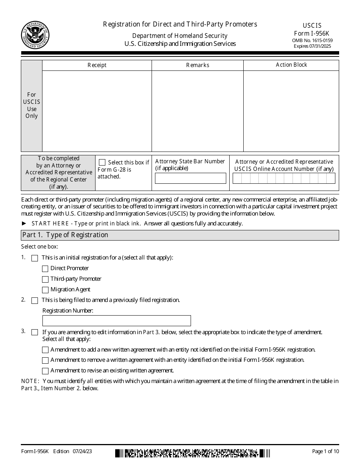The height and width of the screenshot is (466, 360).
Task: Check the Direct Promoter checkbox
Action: [x=45, y=269]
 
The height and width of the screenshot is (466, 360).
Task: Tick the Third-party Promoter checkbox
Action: [x=45, y=279]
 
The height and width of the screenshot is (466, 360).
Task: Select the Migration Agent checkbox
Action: [x=45, y=290]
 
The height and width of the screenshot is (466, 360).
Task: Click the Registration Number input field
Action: [x=116, y=321]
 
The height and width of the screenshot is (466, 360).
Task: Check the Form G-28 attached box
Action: [x=102, y=163]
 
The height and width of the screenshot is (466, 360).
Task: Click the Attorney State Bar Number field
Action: [x=191, y=178]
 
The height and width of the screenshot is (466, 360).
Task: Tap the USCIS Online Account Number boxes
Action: [x=283, y=178]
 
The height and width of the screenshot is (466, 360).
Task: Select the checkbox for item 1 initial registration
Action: [x=35, y=258]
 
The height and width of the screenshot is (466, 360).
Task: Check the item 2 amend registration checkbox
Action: [x=35, y=300]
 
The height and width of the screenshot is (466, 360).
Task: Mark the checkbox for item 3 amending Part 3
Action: [x=35, y=332]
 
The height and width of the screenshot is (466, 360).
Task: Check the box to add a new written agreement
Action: [x=45, y=350]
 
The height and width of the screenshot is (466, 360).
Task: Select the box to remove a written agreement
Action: [x=45, y=360]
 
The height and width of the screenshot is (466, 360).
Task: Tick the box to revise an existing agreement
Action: [x=45, y=371]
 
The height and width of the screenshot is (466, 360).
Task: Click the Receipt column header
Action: [x=97, y=65]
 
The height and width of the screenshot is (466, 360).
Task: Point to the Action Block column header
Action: [x=291, y=65]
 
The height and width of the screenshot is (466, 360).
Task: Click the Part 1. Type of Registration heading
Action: [x=65, y=235]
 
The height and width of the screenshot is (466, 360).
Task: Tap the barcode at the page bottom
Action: [x=193, y=452]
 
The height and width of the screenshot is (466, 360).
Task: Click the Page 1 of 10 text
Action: [x=325, y=451]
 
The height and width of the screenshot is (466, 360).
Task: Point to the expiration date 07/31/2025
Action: [x=313, y=46]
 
